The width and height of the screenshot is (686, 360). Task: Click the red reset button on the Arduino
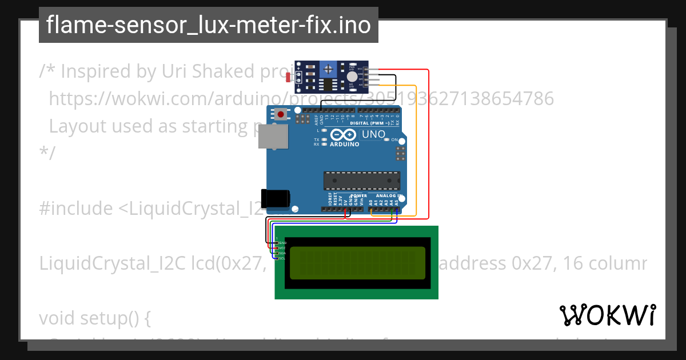click(281, 114)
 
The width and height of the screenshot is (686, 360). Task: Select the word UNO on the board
click(374, 134)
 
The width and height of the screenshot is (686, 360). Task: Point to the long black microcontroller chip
click(362, 180)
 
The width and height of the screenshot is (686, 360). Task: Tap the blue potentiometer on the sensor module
click(328, 70)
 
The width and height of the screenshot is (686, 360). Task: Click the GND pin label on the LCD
click(282, 243)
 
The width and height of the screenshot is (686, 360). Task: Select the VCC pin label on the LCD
click(282, 248)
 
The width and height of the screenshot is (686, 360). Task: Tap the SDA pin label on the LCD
click(282, 253)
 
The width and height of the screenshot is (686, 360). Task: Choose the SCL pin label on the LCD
click(282, 258)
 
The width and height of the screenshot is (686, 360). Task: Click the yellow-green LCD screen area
click(358, 263)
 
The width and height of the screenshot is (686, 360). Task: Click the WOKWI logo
click(608, 315)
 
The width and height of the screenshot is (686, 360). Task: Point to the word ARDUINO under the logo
click(345, 145)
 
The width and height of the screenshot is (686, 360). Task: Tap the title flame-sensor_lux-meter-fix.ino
click(208, 25)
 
